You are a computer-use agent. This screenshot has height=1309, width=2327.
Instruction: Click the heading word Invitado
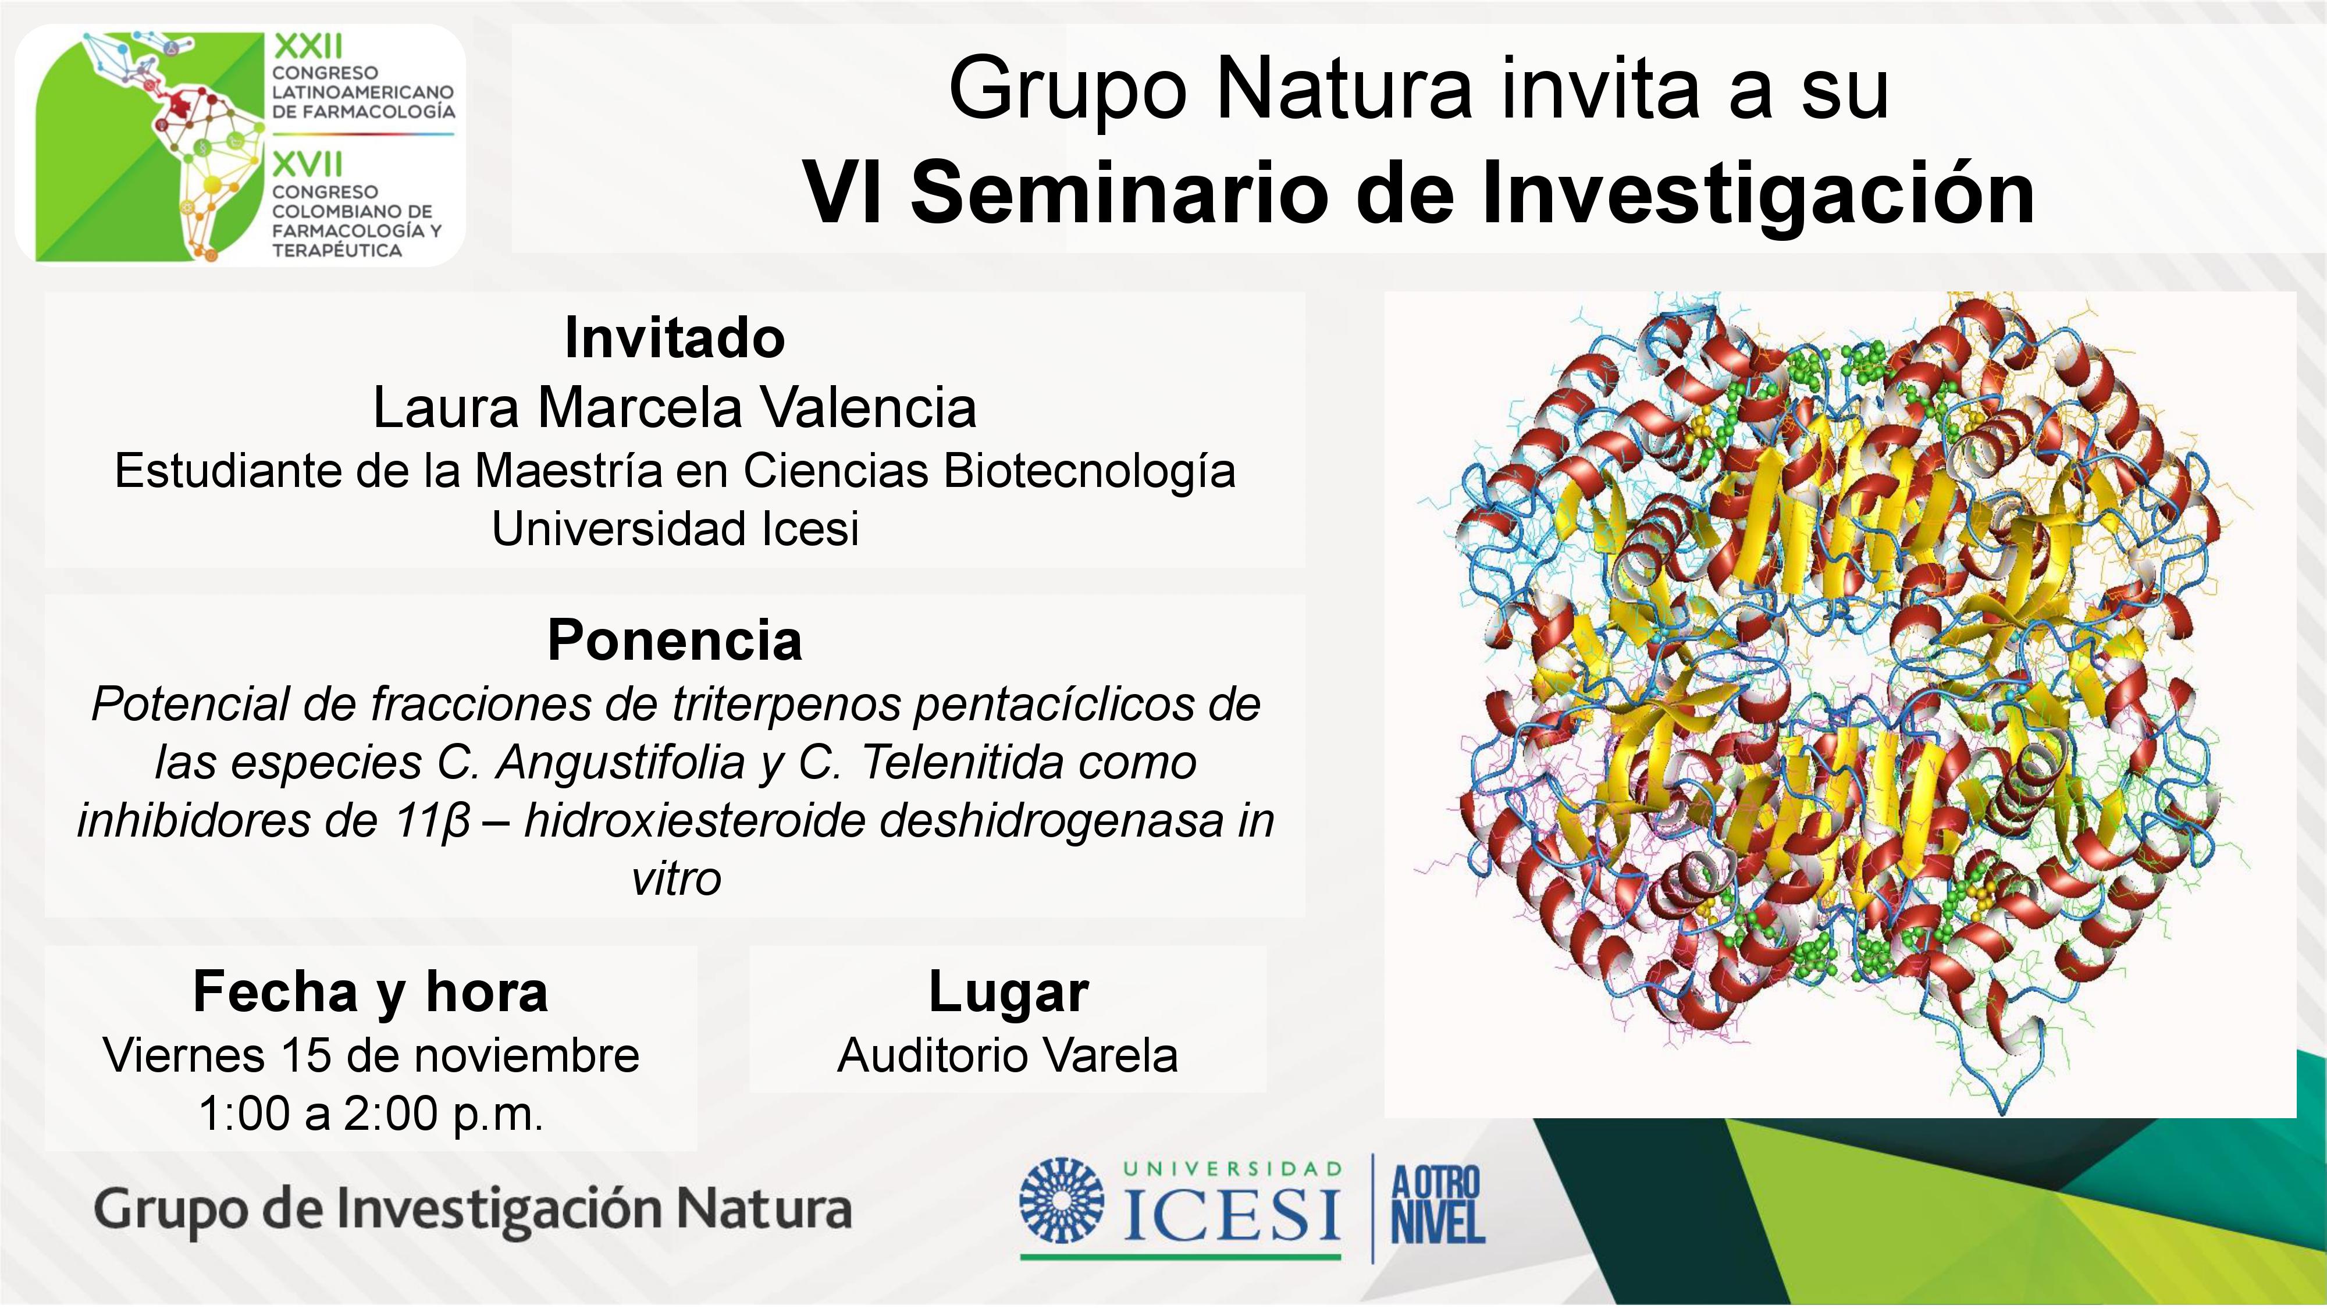click(675, 338)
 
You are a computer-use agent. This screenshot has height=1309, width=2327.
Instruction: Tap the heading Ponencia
click(675, 641)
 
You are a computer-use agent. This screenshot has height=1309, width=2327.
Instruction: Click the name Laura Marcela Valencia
click(675, 407)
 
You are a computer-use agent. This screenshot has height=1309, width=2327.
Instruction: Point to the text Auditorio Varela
click(1008, 1055)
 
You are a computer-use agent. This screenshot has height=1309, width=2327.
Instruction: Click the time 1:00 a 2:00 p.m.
click(371, 1114)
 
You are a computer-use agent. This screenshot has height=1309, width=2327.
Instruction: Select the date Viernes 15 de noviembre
click(371, 1055)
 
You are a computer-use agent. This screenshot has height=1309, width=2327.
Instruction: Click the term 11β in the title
click(433, 822)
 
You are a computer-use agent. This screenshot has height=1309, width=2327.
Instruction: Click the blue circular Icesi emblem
click(1062, 1201)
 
